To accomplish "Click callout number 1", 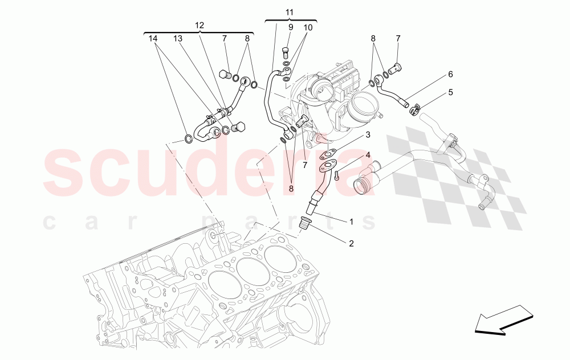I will point(351,220).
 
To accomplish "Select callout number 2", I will point(351,244).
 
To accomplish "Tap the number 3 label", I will point(368,135).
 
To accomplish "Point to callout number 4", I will point(368,155).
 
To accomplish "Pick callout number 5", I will point(450,92).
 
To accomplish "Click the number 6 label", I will point(450,74).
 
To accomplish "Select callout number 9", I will point(290,27).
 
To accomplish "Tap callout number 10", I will point(308,27).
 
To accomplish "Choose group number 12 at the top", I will point(199,26).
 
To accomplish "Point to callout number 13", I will point(178,39).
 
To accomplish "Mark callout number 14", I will point(153,39).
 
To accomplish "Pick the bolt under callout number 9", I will point(284,55).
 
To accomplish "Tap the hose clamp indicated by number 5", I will point(415,106).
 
